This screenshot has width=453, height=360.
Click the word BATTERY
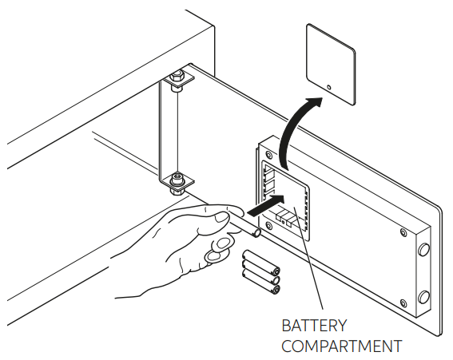click(314, 326)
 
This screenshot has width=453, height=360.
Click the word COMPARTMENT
click(342, 346)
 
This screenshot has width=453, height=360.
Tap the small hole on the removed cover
click(329, 87)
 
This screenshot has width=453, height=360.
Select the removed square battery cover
click(331, 64)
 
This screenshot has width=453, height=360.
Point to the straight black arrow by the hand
click(266, 204)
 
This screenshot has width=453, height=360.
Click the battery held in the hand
click(245, 224)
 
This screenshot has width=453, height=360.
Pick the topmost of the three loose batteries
click(261, 262)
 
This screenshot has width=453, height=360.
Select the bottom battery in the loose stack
click(261, 281)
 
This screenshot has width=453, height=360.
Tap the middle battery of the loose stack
click(261, 271)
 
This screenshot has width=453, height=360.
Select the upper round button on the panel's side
click(423, 249)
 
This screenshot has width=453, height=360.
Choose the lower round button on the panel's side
click(423, 297)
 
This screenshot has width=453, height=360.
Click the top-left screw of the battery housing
click(269, 154)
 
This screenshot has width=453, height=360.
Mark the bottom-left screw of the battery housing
click(269, 225)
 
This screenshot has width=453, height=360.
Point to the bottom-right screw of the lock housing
click(403, 303)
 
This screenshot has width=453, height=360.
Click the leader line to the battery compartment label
click(308, 258)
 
